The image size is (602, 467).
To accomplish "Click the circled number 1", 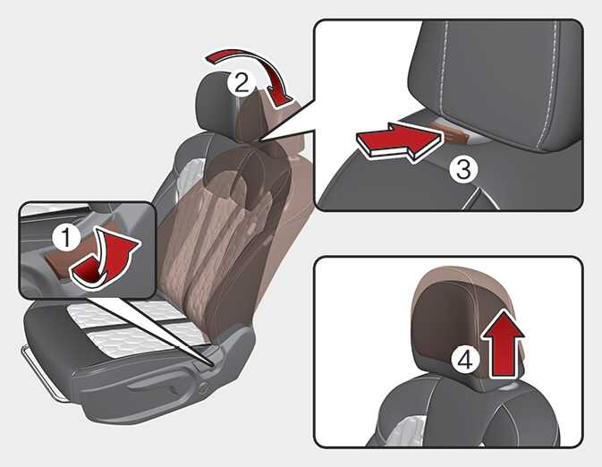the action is [66, 237].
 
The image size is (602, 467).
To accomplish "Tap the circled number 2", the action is [242, 83].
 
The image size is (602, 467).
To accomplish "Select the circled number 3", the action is [463, 169].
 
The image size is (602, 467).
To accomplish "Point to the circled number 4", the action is [465, 361].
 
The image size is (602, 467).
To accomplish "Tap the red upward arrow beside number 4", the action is [502, 344].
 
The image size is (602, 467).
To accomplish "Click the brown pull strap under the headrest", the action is [455, 132].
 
